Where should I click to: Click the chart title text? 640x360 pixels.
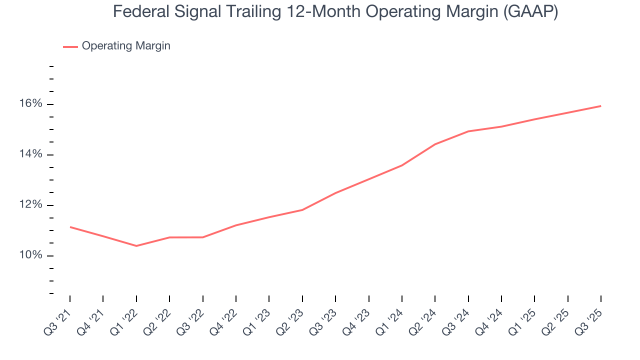pos(335,11)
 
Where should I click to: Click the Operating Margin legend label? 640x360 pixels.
pos(126,46)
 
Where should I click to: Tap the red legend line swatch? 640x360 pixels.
pos(70,46)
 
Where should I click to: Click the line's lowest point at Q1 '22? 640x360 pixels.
pos(136,246)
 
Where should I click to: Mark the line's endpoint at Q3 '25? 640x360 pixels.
pos(600,106)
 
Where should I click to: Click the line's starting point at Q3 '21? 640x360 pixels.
pos(70,227)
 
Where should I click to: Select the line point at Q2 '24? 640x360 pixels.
pos(435,144)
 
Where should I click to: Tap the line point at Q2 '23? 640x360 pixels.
pos(302,210)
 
